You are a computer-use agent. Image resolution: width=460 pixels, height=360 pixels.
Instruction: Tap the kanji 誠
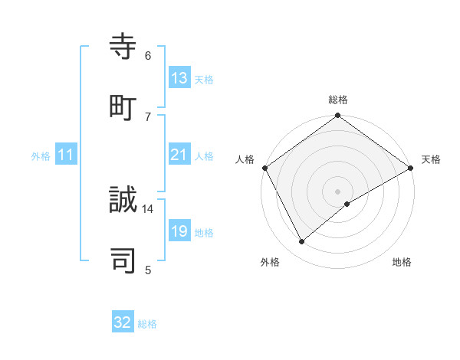(x=123, y=201)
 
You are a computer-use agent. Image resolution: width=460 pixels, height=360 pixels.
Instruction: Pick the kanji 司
(x=123, y=260)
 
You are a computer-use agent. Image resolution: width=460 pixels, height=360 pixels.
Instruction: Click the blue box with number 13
(x=179, y=78)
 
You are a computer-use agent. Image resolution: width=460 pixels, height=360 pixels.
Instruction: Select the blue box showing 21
(x=179, y=155)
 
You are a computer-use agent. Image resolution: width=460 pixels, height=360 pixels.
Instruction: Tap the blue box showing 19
(x=179, y=231)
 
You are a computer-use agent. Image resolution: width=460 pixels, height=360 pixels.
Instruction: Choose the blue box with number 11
(x=66, y=155)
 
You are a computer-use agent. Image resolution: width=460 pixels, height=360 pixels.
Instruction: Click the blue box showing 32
(x=123, y=322)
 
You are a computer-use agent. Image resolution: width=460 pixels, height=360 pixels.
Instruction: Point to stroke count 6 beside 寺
(x=148, y=55)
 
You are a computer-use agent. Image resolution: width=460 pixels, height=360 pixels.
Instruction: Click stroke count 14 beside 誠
(x=148, y=208)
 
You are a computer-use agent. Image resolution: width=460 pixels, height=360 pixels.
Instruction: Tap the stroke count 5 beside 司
(x=148, y=269)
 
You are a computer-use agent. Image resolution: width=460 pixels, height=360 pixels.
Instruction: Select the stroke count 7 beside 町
(x=148, y=116)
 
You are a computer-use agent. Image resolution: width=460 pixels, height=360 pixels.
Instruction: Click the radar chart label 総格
(x=338, y=100)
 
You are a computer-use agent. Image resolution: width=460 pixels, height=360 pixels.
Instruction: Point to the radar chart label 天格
(x=431, y=159)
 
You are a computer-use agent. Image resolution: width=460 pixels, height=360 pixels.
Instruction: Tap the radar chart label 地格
(x=402, y=262)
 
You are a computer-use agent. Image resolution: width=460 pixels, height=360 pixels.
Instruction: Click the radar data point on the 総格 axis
(x=338, y=116)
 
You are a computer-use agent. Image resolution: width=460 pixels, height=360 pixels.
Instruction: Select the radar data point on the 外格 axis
(x=302, y=242)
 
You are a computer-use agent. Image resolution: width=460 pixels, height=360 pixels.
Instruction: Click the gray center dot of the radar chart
(x=338, y=191)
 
